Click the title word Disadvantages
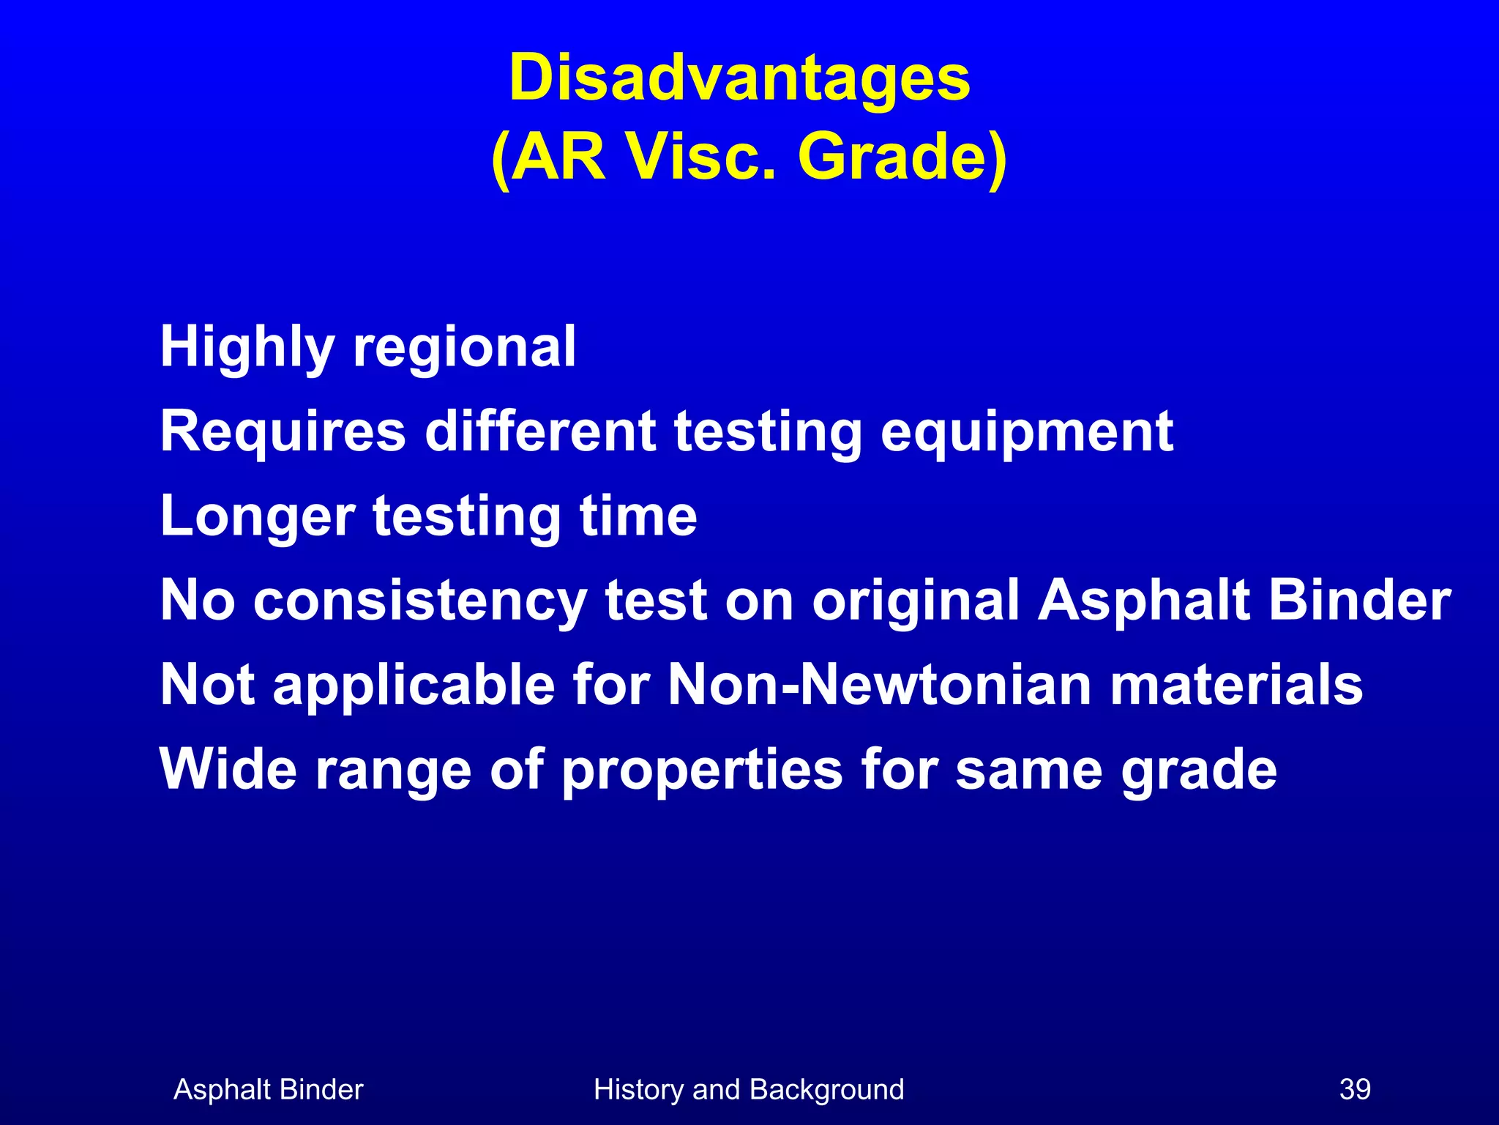(x=739, y=79)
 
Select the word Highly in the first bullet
(x=247, y=347)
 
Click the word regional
(x=465, y=347)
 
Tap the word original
(x=916, y=601)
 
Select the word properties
(x=702, y=771)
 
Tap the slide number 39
(x=1355, y=1089)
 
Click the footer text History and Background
(x=749, y=1089)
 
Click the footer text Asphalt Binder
(x=268, y=1089)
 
